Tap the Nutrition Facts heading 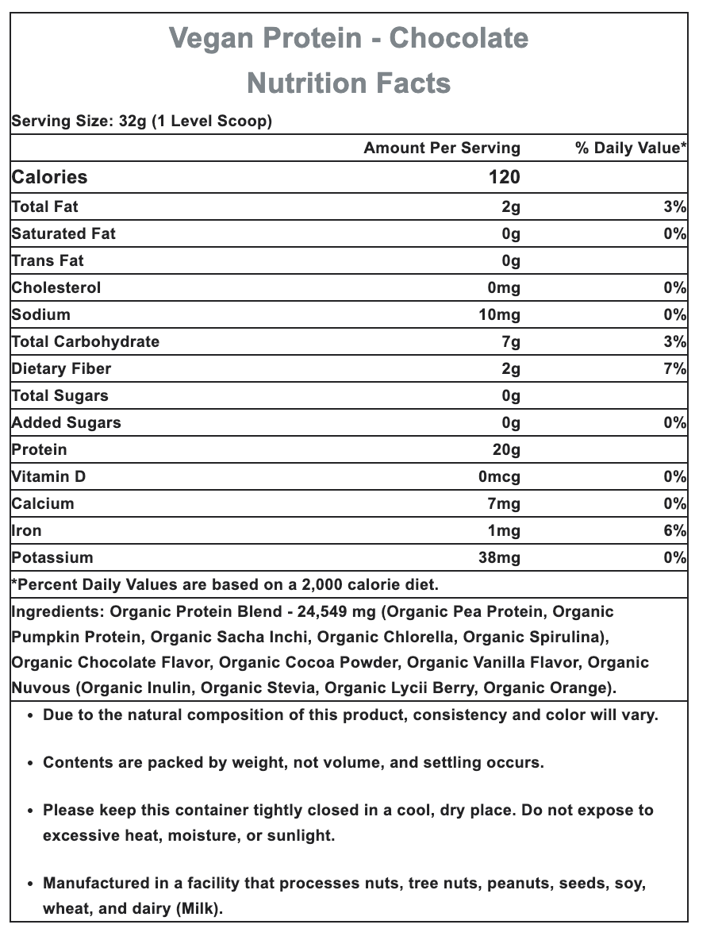349,83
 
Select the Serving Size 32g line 141,121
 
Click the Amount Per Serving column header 442,148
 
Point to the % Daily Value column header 631,148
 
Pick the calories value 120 504,177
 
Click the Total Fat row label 45,206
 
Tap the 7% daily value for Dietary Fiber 675,368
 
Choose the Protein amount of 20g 506,449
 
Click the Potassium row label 52,557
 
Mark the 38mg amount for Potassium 500,557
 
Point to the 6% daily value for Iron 675,530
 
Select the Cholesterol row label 56,287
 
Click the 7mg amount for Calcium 504,503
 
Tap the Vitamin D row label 48,476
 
